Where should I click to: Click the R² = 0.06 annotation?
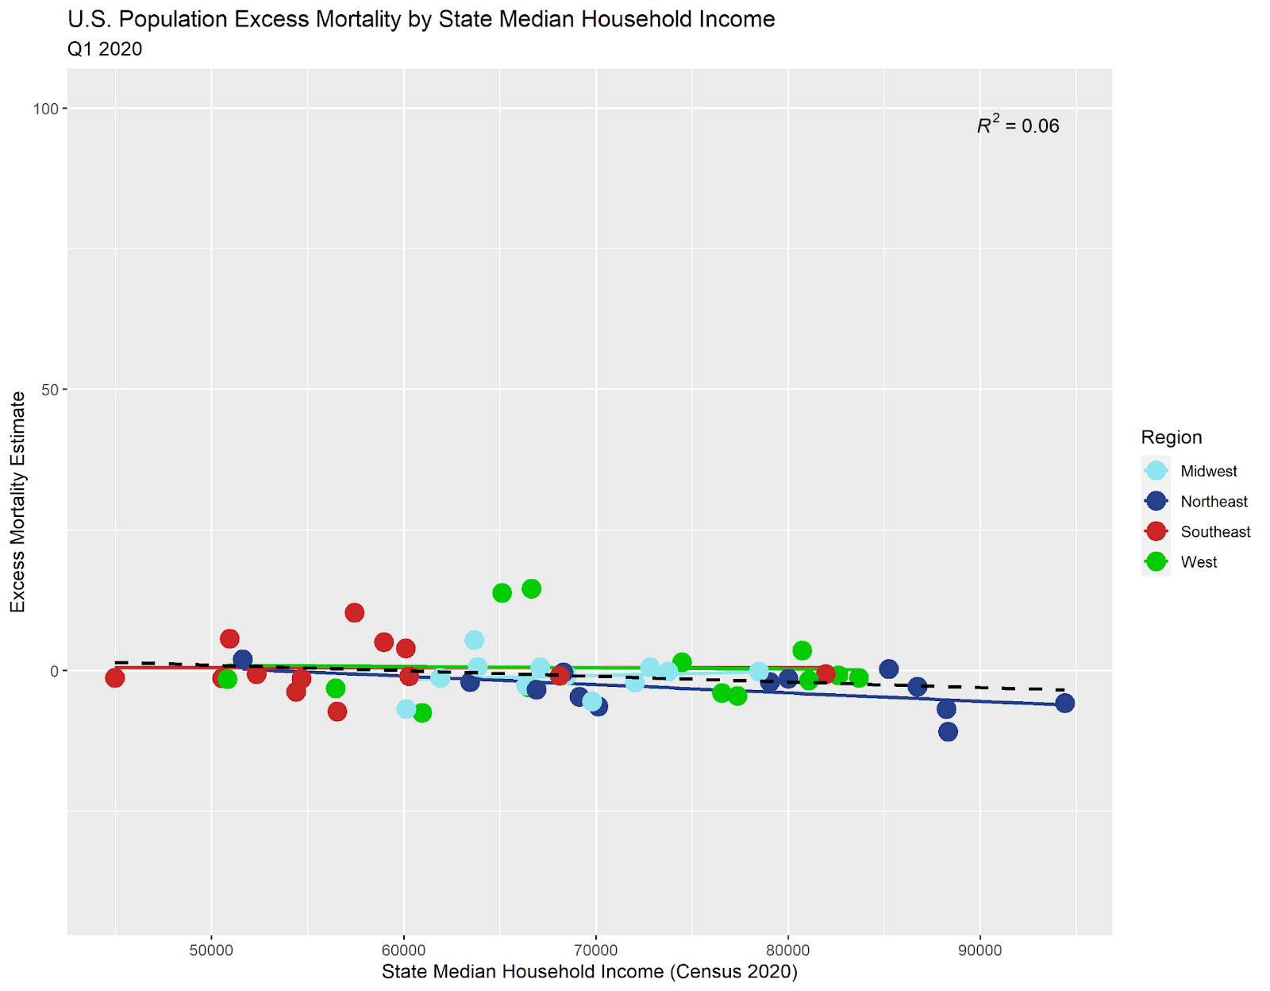coord(1018,126)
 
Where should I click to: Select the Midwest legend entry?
coord(1208,471)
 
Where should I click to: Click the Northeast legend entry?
coord(1214,501)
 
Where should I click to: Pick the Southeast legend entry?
coord(1214,531)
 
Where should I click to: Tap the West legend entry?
coord(1198,561)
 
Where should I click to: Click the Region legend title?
coord(1171,437)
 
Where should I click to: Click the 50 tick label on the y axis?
coord(49,390)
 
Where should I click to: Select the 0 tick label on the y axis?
coord(54,671)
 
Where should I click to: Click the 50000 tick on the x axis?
coord(212,951)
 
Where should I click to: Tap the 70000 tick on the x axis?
coord(596,951)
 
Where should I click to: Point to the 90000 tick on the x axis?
coord(980,951)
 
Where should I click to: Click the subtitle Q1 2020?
coord(105,49)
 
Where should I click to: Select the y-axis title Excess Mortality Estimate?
coord(17,502)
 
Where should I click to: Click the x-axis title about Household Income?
coord(589,972)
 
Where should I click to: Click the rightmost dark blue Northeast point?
coord(1064,703)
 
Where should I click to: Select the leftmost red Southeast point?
coord(115,677)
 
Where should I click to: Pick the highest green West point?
coord(531,588)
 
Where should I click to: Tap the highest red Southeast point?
coord(354,612)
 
